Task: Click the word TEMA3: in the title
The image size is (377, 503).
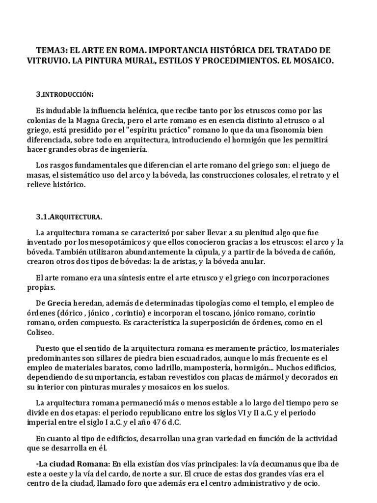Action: click(51, 51)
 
